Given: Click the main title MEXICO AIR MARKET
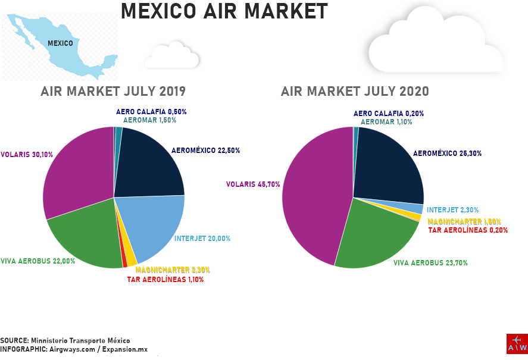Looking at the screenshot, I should [x=224, y=12].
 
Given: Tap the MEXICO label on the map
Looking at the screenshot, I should [x=60, y=43].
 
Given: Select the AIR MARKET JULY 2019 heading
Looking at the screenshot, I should [x=113, y=92].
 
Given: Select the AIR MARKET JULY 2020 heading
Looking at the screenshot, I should [x=355, y=92].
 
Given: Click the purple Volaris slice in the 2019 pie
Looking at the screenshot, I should [x=77, y=173].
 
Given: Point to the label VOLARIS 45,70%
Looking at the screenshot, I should [x=253, y=184].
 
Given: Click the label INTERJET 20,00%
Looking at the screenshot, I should [x=202, y=239].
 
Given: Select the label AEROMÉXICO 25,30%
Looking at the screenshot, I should [x=448, y=154].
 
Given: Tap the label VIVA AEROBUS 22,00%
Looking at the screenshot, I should [x=38, y=261].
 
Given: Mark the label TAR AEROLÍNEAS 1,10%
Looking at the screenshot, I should [x=165, y=280].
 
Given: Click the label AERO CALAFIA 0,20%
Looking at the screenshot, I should [x=389, y=114].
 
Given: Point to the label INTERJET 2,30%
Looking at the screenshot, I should [x=452, y=210].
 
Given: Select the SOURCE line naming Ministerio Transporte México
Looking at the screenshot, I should [x=65, y=340].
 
